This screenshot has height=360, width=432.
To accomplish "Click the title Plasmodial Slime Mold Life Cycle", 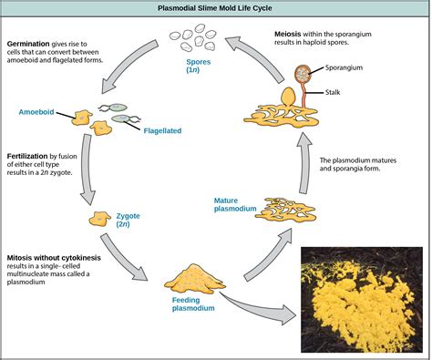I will pyautogui.click(x=215, y=9).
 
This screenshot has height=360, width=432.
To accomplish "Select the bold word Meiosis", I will pyautogui.click(x=293, y=34).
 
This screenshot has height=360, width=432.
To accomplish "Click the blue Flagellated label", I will pyautogui.click(x=161, y=130).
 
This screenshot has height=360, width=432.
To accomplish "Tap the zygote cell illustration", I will pyautogui.click(x=100, y=219).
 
